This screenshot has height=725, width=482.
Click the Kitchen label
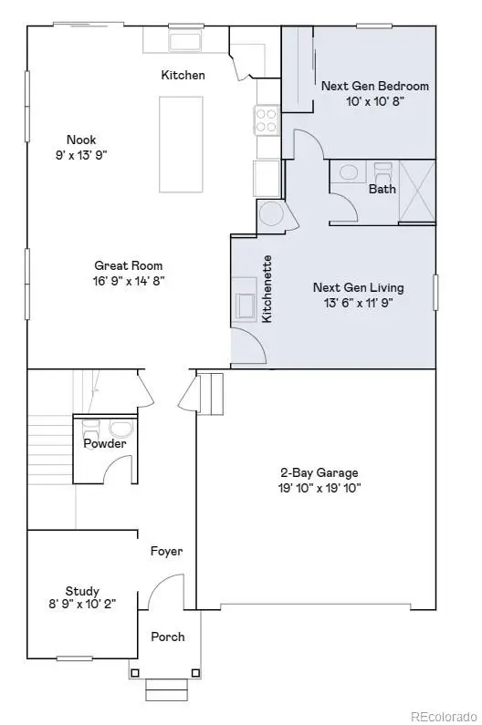click(x=183, y=75)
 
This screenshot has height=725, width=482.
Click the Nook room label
click(x=80, y=140)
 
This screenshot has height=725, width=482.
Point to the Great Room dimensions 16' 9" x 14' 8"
click(x=129, y=281)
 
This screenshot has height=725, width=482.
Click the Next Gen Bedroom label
click(x=374, y=86)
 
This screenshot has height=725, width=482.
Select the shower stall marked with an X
click(x=416, y=191)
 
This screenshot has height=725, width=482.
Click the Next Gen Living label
click(x=358, y=287)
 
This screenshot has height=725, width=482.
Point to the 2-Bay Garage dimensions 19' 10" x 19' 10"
click(x=319, y=488)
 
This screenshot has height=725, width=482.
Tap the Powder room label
click(x=105, y=443)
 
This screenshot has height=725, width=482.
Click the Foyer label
click(x=167, y=551)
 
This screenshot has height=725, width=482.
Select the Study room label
click(x=82, y=591)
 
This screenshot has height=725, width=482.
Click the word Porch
click(x=167, y=637)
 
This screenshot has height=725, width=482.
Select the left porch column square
click(x=135, y=673)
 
